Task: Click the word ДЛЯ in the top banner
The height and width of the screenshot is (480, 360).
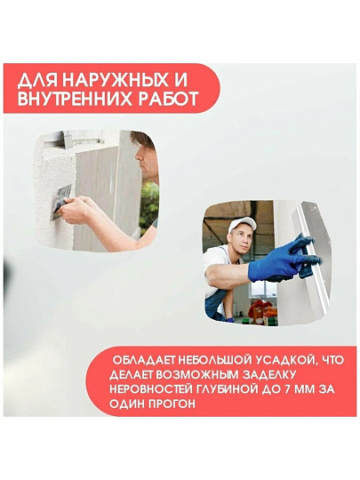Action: tap(38, 81)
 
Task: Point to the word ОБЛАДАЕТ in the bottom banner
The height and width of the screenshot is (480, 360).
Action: tap(144, 360)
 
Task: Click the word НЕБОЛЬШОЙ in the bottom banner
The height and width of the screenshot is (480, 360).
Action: tap(211, 360)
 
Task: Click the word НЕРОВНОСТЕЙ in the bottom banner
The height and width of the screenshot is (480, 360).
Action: tap(150, 389)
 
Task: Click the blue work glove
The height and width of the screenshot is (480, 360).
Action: tap(281, 259)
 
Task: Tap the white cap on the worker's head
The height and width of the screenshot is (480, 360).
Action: tap(242, 224)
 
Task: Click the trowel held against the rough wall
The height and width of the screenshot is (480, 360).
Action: tap(61, 202)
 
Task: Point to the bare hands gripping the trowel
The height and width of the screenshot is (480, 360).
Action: tap(75, 210)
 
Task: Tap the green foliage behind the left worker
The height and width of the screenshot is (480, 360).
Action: tap(149, 202)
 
